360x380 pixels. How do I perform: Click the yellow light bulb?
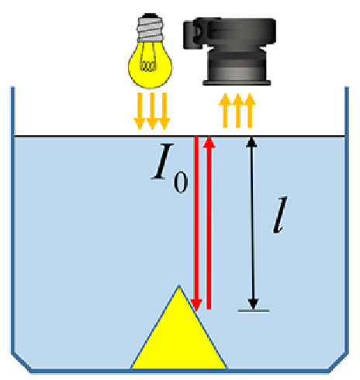[x=150, y=51]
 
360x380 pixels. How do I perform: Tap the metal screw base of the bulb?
[x=151, y=28]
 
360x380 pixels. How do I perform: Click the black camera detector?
[x=230, y=51]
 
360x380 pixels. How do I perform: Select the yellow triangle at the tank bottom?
[x=179, y=336]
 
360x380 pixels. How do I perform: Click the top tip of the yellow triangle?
[x=179, y=285]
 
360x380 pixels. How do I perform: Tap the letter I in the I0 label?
[x=162, y=161]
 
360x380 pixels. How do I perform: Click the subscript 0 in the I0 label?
[x=181, y=181]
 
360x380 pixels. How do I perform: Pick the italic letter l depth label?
[x=280, y=215]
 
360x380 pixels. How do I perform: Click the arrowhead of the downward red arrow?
[x=196, y=306]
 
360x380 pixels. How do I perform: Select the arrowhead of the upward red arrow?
[x=209, y=141]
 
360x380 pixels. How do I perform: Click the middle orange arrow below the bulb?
[x=152, y=111]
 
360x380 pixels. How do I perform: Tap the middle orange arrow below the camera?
[x=238, y=111]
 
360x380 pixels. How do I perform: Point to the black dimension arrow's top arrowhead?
[x=251, y=142]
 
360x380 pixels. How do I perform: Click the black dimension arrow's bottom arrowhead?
[x=253, y=304]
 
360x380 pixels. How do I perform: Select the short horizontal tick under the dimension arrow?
[x=254, y=310]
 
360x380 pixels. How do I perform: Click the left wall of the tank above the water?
[x=12, y=111]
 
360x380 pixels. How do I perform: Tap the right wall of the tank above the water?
[x=347, y=111]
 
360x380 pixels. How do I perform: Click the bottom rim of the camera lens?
[x=237, y=83]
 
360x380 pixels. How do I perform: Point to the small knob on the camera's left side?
[x=193, y=35]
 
